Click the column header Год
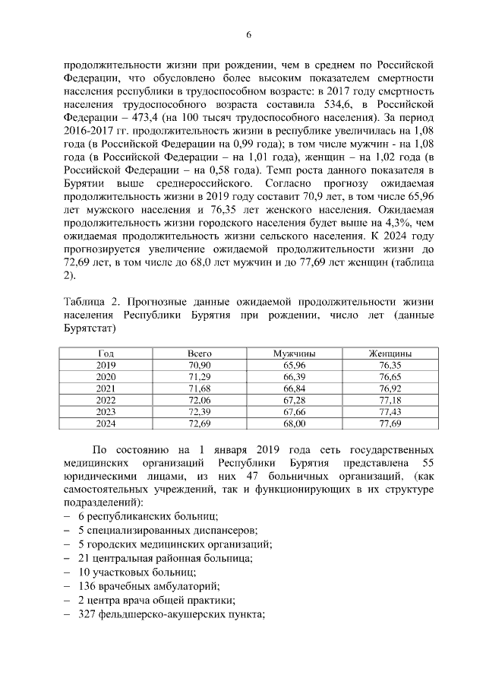106,354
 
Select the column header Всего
200,354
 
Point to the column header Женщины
390,354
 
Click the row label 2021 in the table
106,388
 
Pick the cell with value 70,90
200,366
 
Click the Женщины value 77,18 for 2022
390,400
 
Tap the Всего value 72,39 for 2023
200,411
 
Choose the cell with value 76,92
390,388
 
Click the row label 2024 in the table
106,423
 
